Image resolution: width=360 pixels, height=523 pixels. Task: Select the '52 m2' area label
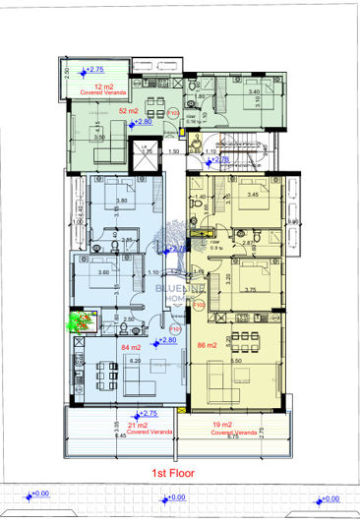[128, 111]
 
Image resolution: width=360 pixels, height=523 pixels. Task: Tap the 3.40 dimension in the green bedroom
[254, 91]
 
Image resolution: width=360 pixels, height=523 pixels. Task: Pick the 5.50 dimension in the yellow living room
[237, 361]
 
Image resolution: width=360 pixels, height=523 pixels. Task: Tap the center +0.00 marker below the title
[177, 497]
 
